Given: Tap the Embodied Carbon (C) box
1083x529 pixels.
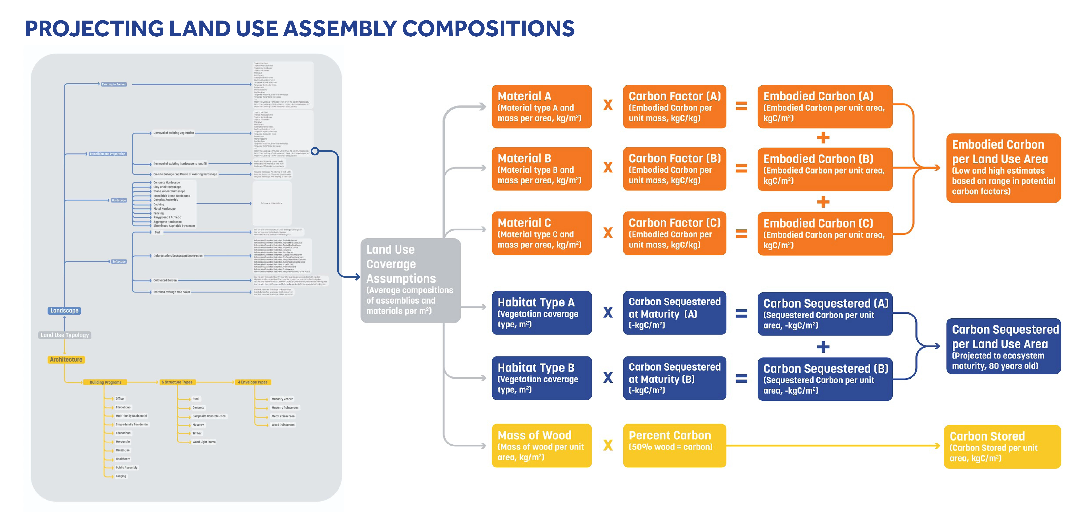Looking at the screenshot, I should (824, 234).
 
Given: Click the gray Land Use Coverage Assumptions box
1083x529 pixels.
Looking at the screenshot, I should (410, 280).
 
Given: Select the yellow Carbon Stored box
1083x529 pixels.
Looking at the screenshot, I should (1002, 447).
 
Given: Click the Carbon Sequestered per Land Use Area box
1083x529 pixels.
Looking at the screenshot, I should (1003, 346).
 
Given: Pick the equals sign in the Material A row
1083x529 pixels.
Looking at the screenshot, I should (741, 106).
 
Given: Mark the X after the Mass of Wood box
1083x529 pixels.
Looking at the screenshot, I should (608, 445).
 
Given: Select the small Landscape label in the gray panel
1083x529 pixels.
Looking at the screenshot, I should (64, 311).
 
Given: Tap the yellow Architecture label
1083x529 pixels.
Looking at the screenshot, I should (66, 359).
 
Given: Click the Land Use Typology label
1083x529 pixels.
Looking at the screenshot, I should (65, 335).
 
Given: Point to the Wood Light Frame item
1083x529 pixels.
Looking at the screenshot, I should (204, 442).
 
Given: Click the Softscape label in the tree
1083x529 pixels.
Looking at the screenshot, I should (119, 261).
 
